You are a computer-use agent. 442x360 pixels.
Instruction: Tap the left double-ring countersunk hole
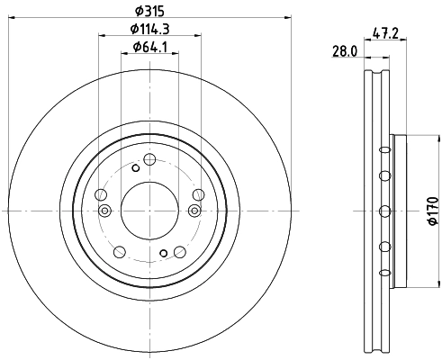tap(105, 211)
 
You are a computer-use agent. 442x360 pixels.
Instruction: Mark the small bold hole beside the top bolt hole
tap(135, 167)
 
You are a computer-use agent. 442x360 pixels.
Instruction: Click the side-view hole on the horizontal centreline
tap(385, 211)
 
